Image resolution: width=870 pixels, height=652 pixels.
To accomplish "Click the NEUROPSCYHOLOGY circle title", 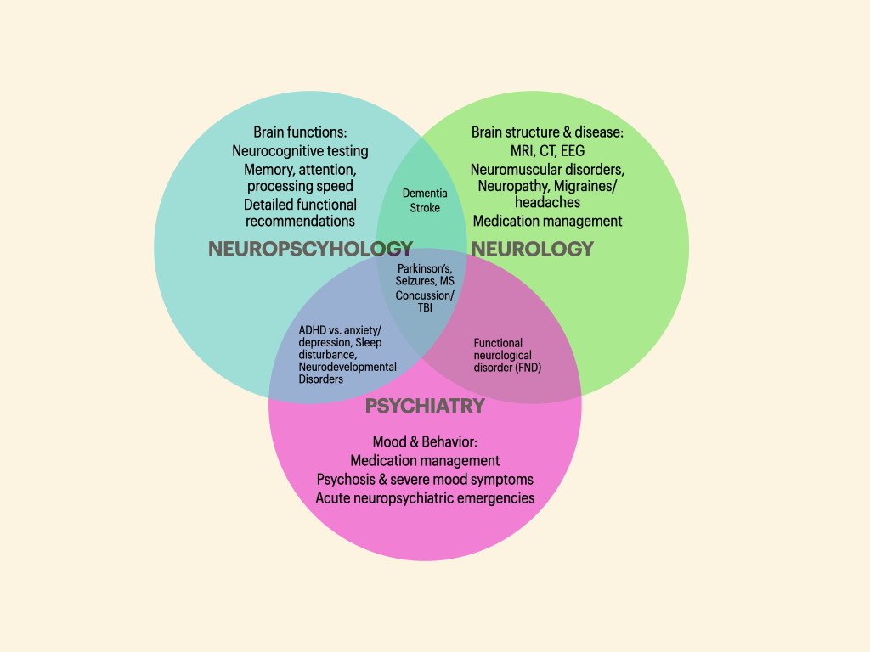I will tap(310, 249).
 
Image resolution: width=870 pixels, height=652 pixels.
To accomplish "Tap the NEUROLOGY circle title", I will tap(532, 249).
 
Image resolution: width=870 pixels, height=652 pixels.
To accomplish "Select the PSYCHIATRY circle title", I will tap(425, 406).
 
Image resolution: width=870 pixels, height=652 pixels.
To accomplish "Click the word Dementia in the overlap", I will tap(425, 194).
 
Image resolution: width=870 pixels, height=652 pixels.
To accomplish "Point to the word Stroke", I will tap(425, 208).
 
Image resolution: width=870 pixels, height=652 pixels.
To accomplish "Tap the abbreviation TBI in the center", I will tap(425, 308).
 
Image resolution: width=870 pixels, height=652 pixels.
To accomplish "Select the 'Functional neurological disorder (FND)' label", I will tap(507, 356).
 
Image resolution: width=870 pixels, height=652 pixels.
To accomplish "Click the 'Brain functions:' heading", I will tap(300, 132).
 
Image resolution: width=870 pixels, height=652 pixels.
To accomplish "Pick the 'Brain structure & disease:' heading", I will tap(547, 132).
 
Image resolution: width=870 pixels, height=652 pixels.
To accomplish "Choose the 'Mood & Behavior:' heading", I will tap(425, 441).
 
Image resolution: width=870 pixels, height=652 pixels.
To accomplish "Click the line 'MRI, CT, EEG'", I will tap(547, 151).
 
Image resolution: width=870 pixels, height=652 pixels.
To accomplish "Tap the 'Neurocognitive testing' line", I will tap(300, 151).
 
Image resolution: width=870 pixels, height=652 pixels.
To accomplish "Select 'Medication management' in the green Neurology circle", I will tap(547, 221).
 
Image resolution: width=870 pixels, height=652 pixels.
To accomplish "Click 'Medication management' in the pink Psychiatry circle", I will tap(425, 460).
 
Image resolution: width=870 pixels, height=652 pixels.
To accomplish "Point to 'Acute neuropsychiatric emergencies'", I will tap(425, 497).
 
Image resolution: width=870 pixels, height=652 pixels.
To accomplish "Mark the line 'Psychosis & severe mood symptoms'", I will tap(425, 479).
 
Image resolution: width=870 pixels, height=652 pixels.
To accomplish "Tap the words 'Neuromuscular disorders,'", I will tap(547, 169).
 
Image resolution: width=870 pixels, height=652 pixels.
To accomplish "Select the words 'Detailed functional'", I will tap(300, 205).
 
